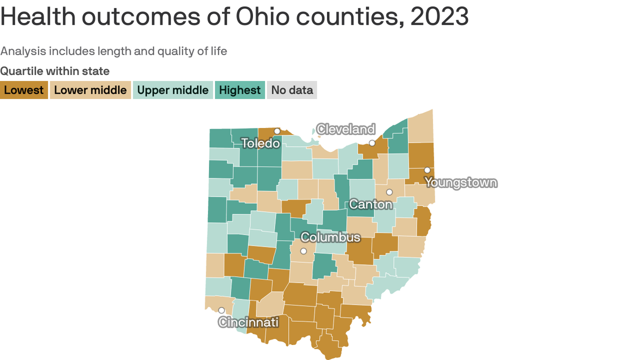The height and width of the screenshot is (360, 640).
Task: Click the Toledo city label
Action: pyautogui.click(x=260, y=143)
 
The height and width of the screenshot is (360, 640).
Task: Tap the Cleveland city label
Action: pyautogui.click(x=346, y=129)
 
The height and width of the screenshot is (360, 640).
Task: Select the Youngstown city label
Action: pyautogui.click(x=461, y=182)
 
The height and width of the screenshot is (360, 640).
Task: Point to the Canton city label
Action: pyautogui.click(x=371, y=204)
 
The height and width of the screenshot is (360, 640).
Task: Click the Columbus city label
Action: pyautogui.click(x=330, y=237)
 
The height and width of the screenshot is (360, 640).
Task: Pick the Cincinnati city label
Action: pyautogui.click(x=248, y=322)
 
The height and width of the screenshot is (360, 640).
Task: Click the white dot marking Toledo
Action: pyautogui.click(x=277, y=131)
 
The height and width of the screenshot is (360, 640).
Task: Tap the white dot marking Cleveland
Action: pyautogui.click(x=372, y=143)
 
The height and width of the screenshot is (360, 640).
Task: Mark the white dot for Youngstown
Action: pyautogui.click(x=427, y=170)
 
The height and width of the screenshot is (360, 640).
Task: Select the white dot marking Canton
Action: pyautogui.click(x=389, y=192)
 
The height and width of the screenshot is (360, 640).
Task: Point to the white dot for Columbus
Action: pyautogui.click(x=304, y=251)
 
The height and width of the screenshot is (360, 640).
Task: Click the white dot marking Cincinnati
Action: pyautogui.click(x=222, y=310)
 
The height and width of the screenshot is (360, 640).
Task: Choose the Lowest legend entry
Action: pyautogui.click(x=24, y=90)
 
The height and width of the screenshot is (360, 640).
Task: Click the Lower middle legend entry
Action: pyautogui.click(x=90, y=90)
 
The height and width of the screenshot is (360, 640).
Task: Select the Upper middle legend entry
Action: pyautogui.click(x=173, y=90)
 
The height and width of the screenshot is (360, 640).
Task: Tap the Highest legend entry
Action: pyautogui.click(x=240, y=90)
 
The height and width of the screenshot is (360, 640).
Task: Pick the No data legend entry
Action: pyautogui.click(x=292, y=90)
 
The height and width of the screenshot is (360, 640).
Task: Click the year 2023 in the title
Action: pyautogui.click(x=439, y=17)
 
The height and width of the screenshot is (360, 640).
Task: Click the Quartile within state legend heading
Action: pyautogui.click(x=55, y=71)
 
